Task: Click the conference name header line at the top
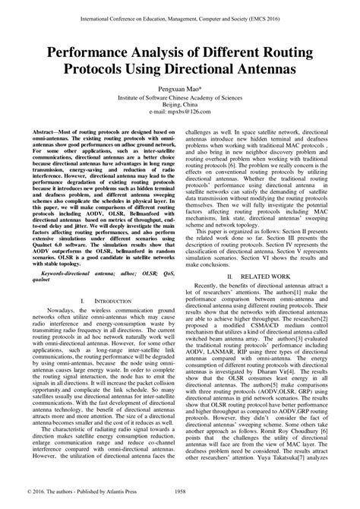(x=179, y=13)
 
